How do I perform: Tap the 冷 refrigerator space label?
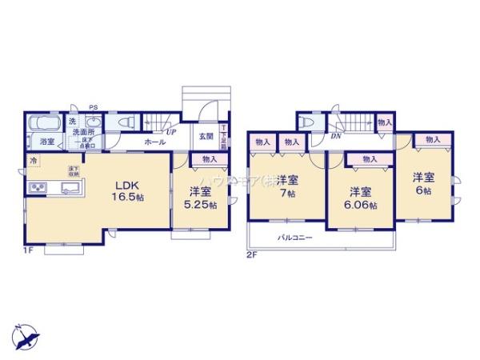(34, 161)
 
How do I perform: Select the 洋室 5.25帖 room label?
(200, 198)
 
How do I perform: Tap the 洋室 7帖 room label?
(287, 186)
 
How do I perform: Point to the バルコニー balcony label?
(295, 238)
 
